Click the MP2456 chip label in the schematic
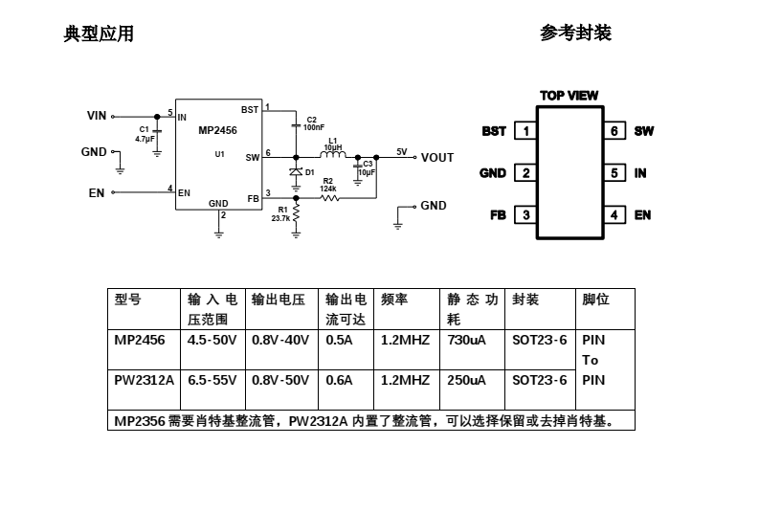[x=217, y=130]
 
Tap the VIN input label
[x=97, y=116]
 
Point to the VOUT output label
[x=437, y=158]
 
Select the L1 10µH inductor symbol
[x=332, y=155]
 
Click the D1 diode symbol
[x=297, y=171]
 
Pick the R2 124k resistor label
[x=327, y=185]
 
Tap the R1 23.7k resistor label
[x=280, y=213]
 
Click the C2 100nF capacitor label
[x=313, y=122]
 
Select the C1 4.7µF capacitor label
[x=145, y=134]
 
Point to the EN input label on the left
[x=97, y=192]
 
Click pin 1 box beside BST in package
[x=525, y=131]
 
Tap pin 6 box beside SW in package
[x=614, y=131]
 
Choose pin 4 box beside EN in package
[x=614, y=215]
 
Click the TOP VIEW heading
[x=569, y=96]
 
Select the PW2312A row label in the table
[x=145, y=380]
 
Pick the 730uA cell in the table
[x=466, y=340]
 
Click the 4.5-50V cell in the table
[x=212, y=340]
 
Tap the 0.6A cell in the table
[x=340, y=380]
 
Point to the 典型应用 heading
[x=99, y=34]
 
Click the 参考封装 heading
[x=575, y=33]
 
